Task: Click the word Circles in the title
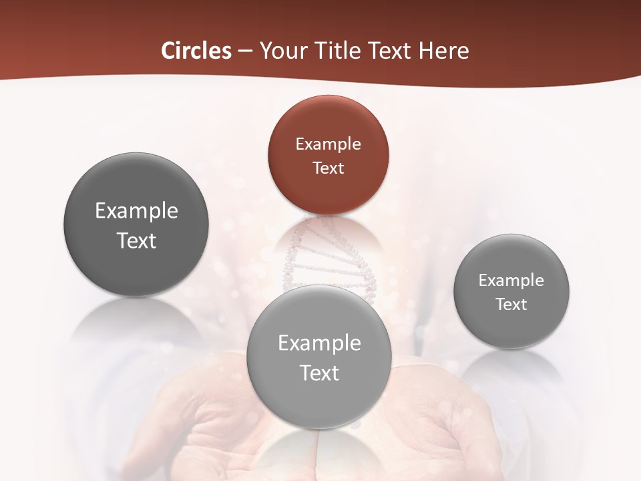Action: click(x=196, y=51)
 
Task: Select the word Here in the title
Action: click(x=445, y=51)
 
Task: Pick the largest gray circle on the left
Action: click(x=136, y=225)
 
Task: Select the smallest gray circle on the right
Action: click(x=511, y=291)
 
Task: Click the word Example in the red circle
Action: click(x=328, y=144)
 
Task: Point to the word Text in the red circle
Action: click(x=328, y=168)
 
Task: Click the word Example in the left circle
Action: click(x=136, y=211)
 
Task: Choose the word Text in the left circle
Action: click(x=136, y=240)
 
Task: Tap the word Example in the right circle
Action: click(x=511, y=280)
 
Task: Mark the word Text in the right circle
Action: click(x=511, y=304)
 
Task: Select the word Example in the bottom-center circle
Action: click(x=319, y=343)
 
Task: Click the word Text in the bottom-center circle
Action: click(x=319, y=372)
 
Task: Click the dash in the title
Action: click(x=245, y=51)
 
